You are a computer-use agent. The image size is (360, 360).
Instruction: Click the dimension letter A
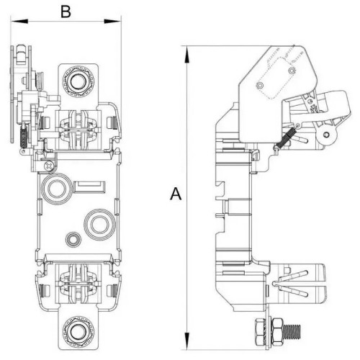[174, 193]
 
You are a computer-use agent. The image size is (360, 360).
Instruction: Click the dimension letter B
[65, 12]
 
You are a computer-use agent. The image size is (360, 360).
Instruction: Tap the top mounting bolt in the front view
[77, 80]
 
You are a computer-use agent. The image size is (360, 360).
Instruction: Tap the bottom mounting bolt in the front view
[78, 333]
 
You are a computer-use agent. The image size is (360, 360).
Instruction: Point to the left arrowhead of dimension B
[15, 22]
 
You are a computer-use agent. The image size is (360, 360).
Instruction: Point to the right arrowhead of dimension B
[115, 22]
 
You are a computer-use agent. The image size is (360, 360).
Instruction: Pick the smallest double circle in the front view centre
[72, 238]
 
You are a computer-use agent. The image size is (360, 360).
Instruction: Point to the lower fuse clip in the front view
[78, 281]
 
